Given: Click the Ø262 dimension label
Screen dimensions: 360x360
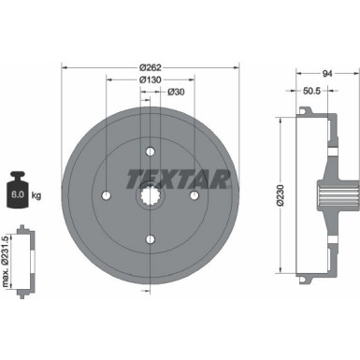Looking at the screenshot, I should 151,69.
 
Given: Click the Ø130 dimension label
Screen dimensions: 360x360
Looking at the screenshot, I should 151,80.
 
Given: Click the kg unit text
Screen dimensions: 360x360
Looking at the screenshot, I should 36,195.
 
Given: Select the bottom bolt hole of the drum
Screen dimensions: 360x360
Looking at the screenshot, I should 151,240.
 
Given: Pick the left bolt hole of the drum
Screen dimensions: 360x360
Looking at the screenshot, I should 106,194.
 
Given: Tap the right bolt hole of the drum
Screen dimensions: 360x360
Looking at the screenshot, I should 195,194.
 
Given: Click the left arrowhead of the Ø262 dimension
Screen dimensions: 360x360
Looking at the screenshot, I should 65,69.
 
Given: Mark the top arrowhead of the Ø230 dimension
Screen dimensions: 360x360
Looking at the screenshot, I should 282,119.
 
